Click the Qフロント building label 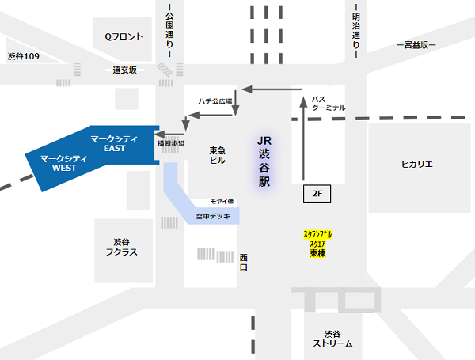point(123,36)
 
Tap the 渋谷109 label point(24,56)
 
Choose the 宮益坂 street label point(416,46)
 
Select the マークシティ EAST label point(116,143)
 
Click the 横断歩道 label point(172,143)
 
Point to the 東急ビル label point(218,155)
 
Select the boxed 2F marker point(315,193)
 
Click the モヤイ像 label point(221,202)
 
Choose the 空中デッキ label point(213,214)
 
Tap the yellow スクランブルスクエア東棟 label point(317,244)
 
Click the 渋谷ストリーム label point(332,339)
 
